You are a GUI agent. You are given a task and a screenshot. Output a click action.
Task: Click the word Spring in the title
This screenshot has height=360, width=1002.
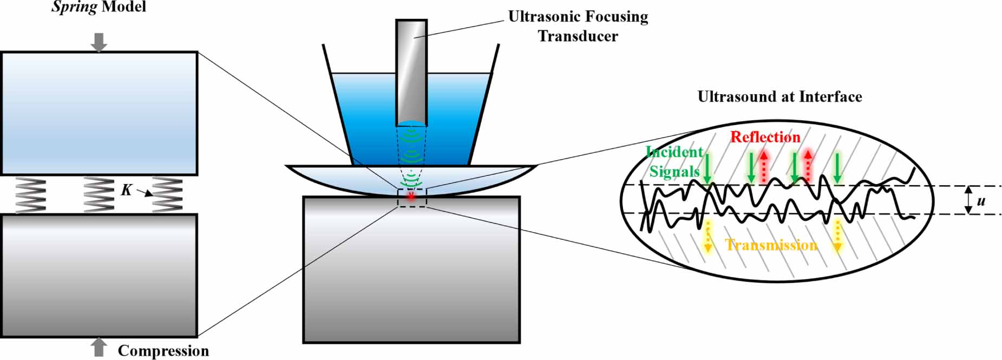[74, 8]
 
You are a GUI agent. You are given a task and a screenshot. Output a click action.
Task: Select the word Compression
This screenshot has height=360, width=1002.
[163, 351]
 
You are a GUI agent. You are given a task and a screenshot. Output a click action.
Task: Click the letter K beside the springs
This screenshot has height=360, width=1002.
[127, 189]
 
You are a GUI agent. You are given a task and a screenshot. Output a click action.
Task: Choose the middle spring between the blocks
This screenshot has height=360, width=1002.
[99, 195]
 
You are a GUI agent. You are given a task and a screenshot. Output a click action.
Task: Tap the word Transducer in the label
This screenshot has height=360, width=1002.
[578, 36]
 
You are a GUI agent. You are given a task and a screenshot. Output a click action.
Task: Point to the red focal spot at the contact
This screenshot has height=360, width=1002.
[411, 196]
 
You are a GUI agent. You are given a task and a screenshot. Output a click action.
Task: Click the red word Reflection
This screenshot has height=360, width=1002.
[765, 137]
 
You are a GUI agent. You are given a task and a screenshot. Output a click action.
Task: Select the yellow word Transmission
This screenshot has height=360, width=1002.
[771, 245]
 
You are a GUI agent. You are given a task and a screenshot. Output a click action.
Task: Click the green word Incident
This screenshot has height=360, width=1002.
[674, 152]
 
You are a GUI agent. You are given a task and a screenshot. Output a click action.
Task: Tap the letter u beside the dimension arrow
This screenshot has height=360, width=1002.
[981, 201]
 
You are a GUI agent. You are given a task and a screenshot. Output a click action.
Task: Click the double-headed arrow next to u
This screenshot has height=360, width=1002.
[968, 200]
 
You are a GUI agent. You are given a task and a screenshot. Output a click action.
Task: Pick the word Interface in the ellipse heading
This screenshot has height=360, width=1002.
[830, 97]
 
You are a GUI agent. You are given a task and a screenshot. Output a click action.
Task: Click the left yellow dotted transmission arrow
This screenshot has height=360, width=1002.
[707, 236]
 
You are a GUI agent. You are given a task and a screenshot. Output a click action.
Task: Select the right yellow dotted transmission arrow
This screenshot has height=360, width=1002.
[837, 236]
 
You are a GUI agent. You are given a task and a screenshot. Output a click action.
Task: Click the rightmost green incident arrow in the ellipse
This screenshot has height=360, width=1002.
[837, 168]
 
